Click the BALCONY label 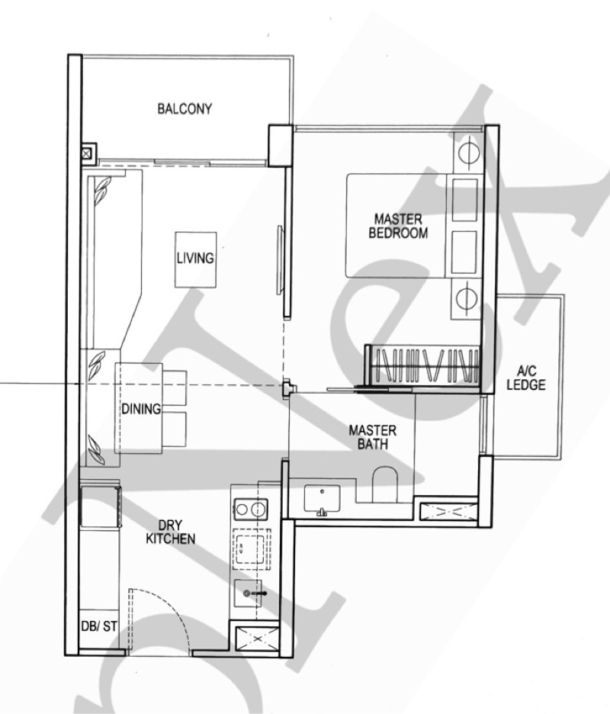coord(185,109)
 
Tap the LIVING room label coord(195,259)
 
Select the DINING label coord(141,409)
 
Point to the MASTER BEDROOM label coord(397,227)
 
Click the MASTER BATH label coord(372,437)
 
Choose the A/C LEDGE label coord(526,378)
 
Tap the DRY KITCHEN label coord(176,532)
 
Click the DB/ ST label coord(98,627)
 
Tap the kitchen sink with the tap coord(250,592)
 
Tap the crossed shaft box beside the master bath coord(446,508)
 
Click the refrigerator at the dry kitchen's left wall coord(99,505)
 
